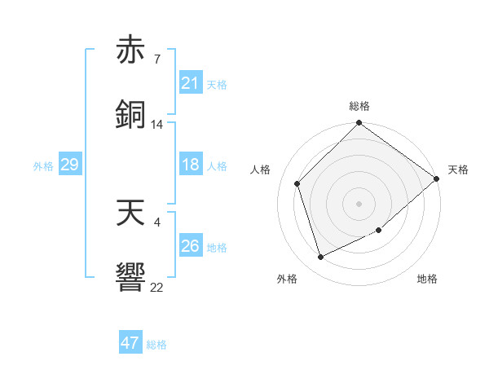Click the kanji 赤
click(x=131, y=51)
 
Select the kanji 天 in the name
click(x=131, y=214)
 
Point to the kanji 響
click(x=131, y=275)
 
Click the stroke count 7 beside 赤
click(x=156, y=59)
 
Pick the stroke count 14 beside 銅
click(x=156, y=125)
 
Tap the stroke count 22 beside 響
click(x=156, y=288)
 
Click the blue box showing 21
click(x=190, y=82)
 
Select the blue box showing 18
click(x=190, y=165)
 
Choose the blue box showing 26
click(x=190, y=246)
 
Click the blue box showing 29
click(x=69, y=165)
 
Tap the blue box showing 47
click(x=130, y=343)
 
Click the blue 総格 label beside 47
click(x=156, y=345)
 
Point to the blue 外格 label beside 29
click(x=43, y=166)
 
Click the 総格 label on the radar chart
click(x=359, y=106)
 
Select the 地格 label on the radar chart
click(x=427, y=280)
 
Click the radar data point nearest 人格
click(x=297, y=183)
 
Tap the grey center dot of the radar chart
click(x=359, y=203)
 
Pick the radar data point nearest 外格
click(x=321, y=258)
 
